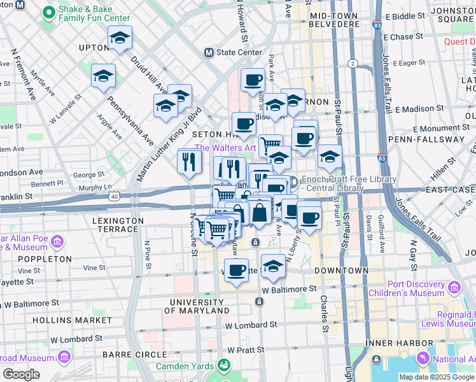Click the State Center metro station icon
(208, 52)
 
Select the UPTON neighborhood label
(94, 48)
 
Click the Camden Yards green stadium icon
(223, 365)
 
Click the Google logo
(21, 374)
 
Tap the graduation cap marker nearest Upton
(120, 39)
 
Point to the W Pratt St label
(245, 350)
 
